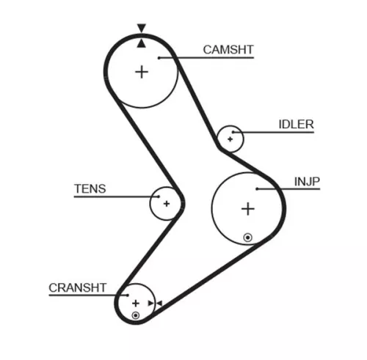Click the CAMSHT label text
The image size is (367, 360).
click(x=228, y=50)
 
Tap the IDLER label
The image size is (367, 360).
click(x=296, y=125)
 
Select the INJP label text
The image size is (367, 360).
click(x=307, y=181)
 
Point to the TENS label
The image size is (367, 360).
click(x=90, y=188)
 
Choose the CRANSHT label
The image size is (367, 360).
click(x=78, y=287)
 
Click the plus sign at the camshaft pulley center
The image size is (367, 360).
click(x=142, y=71)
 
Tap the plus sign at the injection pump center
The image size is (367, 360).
click(x=248, y=209)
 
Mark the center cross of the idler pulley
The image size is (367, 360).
click(x=230, y=138)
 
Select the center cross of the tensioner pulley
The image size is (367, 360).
click(x=166, y=203)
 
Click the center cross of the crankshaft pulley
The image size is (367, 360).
click(x=135, y=302)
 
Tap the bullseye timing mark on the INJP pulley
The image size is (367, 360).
click(x=248, y=237)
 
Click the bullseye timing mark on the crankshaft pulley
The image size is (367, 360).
click(x=135, y=315)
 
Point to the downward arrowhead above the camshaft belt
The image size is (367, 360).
click(x=141, y=29)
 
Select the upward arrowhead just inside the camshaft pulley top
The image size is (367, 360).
click(x=141, y=43)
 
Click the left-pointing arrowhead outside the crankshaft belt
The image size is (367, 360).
click(x=158, y=302)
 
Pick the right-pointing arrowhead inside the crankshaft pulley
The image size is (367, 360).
click(x=150, y=302)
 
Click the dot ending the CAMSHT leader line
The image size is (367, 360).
click(x=158, y=57)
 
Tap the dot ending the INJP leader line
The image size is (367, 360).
click(x=258, y=189)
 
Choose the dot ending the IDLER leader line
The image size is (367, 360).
click(x=233, y=132)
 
